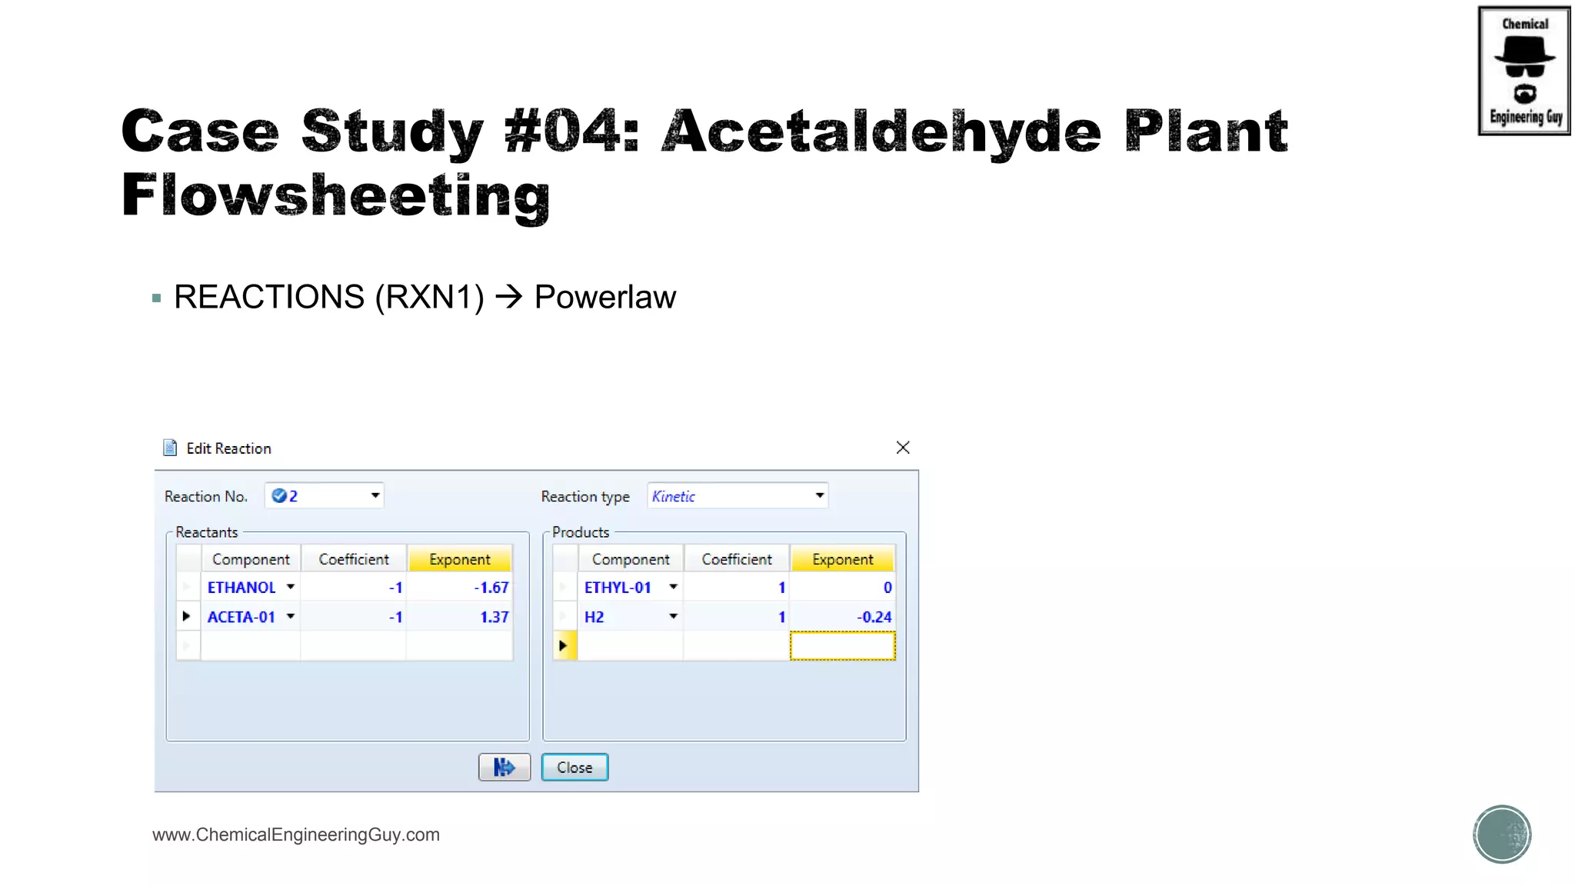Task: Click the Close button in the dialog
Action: pos(574,767)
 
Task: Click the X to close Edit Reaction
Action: pos(903,448)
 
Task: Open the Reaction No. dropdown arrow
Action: pos(375,495)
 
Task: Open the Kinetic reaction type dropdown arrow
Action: pos(820,495)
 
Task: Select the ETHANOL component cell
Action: pos(241,588)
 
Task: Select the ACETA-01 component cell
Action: pos(241,617)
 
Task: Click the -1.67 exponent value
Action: pos(491,588)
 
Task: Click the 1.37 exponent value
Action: pos(494,617)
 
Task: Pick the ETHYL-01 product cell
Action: pos(618,588)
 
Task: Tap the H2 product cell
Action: pos(594,617)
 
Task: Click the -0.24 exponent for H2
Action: pos(874,617)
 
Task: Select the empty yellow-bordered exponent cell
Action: pos(842,646)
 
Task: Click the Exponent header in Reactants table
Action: pos(459,559)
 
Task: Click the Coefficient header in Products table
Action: pos(736,559)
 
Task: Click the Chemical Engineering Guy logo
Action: pos(1523,71)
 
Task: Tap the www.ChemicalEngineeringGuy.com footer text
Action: pos(296,834)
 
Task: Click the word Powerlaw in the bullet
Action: pos(604,297)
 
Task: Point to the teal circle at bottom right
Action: pos(1502,834)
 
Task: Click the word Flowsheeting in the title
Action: pos(336,195)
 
